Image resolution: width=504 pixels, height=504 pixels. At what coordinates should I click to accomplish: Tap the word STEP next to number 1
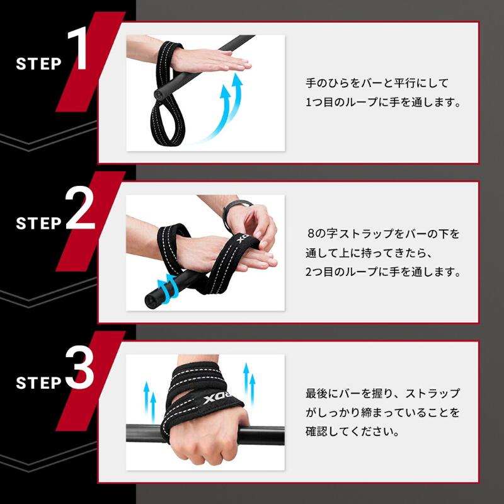[39, 64]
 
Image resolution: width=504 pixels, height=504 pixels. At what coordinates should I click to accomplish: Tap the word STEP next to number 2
[39, 223]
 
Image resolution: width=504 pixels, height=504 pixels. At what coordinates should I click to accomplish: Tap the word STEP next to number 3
[39, 382]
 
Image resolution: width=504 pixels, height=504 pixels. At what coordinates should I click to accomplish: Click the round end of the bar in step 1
[158, 93]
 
